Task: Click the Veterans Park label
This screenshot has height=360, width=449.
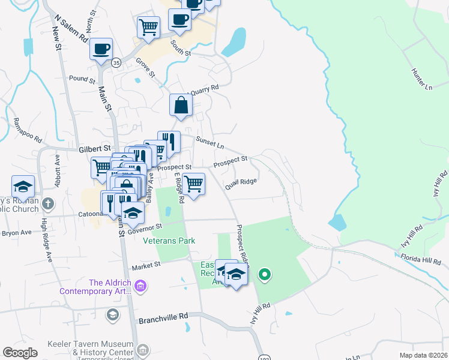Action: click(x=169, y=241)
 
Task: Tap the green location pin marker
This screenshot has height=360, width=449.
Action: click(x=264, y=275)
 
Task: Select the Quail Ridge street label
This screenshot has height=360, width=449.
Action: click(x=241, y=184)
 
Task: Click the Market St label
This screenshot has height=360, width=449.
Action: click(x=146, y=265)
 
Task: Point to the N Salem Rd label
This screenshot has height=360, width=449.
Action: click(x=70, y=29)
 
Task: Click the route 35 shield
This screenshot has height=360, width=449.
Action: click(x=116, y=62)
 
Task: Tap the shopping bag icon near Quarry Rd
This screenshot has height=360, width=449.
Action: click(x=181, y=106)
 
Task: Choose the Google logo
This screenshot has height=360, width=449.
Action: click(x=20, y=353)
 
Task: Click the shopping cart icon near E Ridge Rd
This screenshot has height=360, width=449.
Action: click(x=193, y=183)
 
